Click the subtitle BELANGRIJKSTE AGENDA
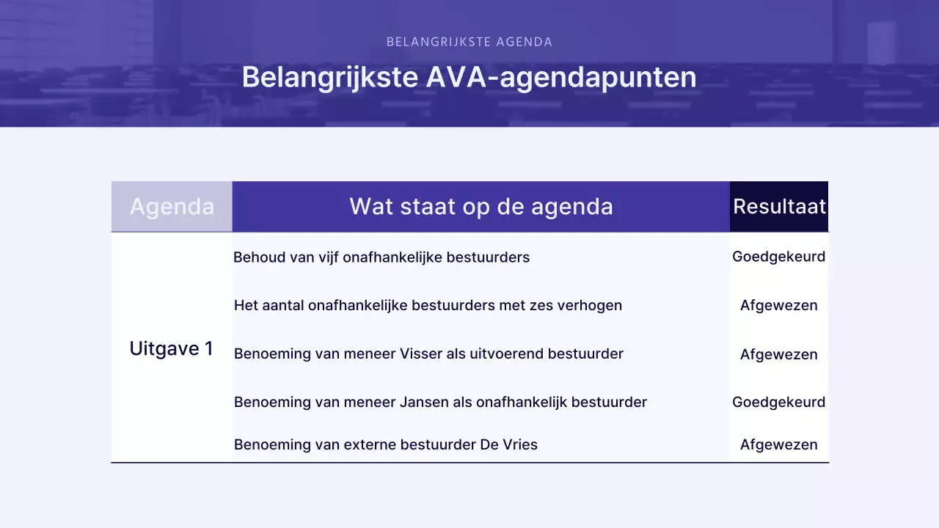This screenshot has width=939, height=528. [x=469, y=42]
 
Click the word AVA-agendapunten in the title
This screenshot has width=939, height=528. [x=561, y=78]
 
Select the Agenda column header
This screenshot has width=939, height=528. [x=172, y=207]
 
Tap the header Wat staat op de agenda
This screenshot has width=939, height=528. [x=481, y=207]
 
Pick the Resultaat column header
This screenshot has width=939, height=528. [x=779, y=207]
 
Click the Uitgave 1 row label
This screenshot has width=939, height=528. [x=171, y=348]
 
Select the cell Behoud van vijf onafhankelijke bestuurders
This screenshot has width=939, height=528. [x=381, y=257]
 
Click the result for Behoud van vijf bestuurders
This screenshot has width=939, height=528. [x=778, y=257]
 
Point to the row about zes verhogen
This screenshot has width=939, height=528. [x=428, y=305]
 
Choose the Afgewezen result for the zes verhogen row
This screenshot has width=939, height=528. [x=778, y=305]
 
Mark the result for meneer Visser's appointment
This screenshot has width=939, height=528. [x=778, y=354]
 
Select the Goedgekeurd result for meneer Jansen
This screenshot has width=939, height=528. [x=778, y=402]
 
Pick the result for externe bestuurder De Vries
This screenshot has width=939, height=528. [x=778, y=444]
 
